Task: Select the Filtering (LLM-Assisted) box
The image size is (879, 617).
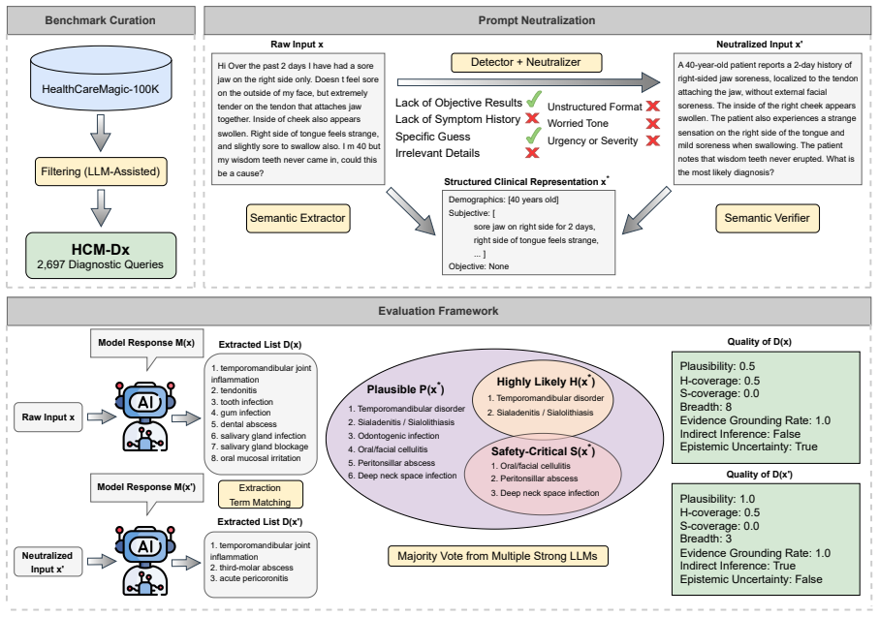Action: [101, 171]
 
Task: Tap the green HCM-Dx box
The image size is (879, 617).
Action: [101, 256]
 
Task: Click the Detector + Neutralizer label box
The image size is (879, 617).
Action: [526, 62]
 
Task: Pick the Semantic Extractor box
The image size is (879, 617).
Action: [298, 218]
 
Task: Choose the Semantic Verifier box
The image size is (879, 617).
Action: [767, 218]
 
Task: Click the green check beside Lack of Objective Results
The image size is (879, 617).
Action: [534, 100]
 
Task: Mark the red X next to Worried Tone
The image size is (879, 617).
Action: [652, 123]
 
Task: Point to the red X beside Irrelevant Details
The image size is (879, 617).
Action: [532, 152]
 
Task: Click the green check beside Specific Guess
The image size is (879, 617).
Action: [534, 135]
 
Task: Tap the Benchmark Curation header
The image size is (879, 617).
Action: [101, 20]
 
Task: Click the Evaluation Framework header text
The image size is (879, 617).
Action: [438, 311]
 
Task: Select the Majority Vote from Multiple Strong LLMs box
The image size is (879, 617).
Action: [498, 556]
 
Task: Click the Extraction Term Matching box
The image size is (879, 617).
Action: [260, 495]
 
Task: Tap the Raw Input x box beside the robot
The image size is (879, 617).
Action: [48, 416]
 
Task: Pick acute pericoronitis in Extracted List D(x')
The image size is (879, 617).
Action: [253, 578]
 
